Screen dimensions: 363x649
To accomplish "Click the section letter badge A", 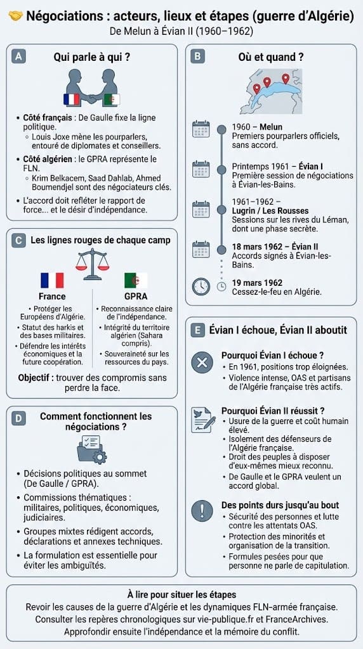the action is (x=20, y=56).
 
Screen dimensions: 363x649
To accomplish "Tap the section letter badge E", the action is (x=199, y=330).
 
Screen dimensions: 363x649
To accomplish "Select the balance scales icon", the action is (x=91, y=260).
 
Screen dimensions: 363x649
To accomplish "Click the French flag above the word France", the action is (x=52, y=280).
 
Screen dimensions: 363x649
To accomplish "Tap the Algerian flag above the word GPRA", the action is (x=135, y=280).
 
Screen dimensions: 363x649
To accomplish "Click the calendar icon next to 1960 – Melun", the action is (x=201, y=129).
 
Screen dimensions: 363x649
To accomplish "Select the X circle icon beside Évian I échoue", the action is (x=202, y=362).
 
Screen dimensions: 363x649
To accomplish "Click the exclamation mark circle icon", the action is (x=202, y=510).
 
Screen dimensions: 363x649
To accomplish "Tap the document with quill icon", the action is (x=202, y=419).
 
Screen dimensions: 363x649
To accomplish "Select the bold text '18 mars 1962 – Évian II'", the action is (x=275, y=247).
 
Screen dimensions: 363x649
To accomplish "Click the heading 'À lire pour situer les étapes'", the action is (x=181, y=594).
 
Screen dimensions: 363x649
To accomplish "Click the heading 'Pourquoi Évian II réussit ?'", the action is (x=273, y=411).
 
